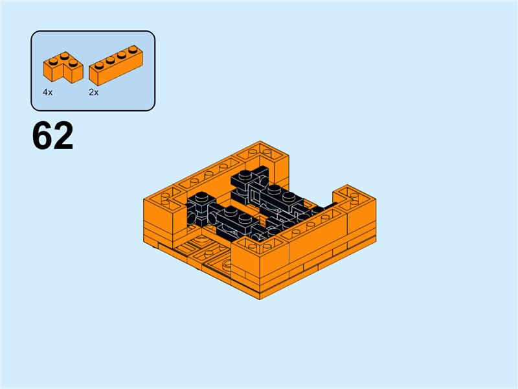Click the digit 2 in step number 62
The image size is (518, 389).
63,137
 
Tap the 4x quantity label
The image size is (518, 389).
47,93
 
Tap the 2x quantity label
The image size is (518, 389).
94,93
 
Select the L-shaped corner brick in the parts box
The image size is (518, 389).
63,68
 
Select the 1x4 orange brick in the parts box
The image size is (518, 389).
115,66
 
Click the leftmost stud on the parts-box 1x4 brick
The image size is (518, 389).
98,64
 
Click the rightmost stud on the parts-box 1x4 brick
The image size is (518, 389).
132,49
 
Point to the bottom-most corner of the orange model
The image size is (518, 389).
260,300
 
